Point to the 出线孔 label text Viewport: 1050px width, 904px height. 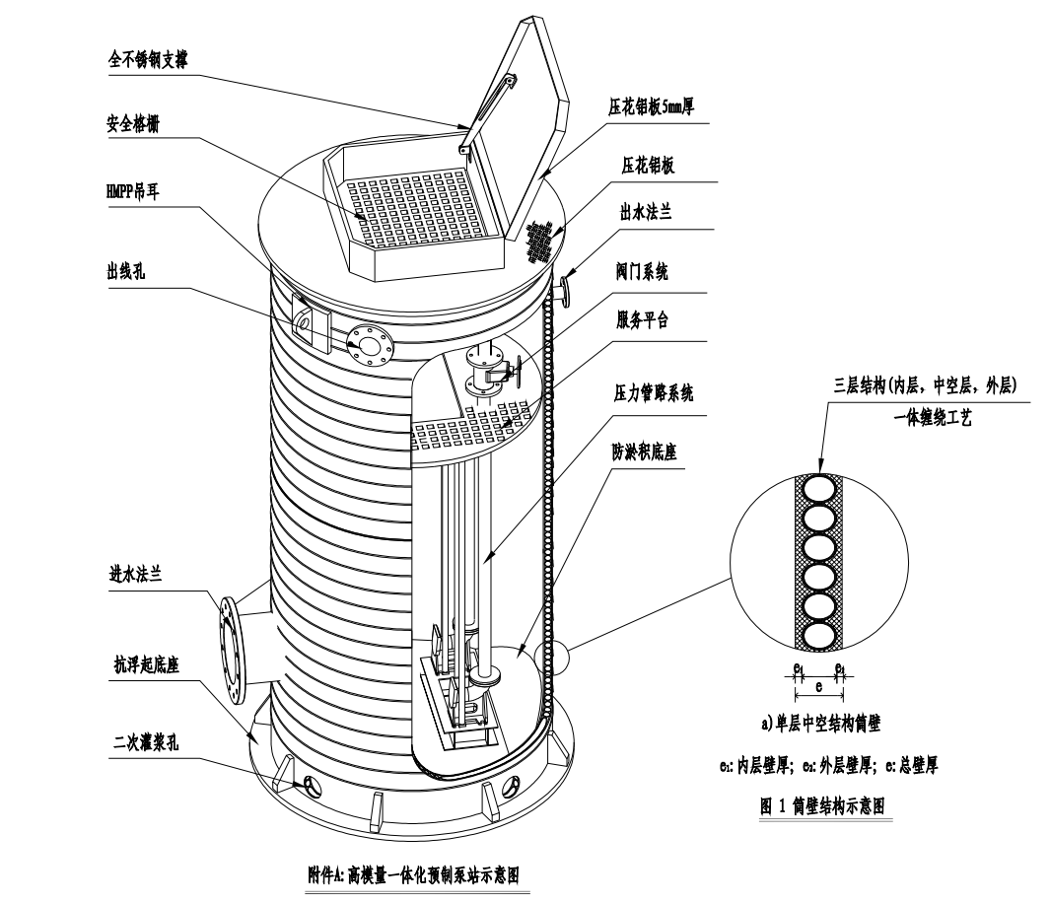coord(125,272)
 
